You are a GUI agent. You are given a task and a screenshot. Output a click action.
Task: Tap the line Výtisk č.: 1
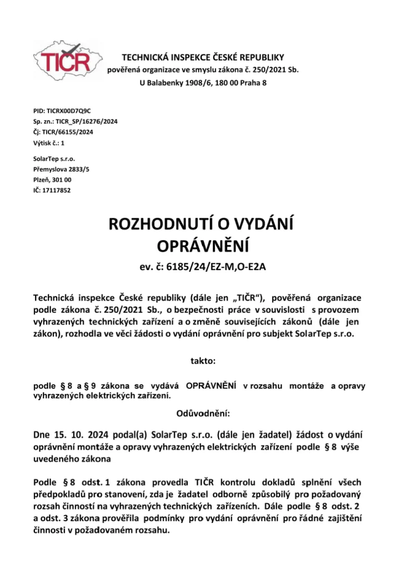pos(49,143)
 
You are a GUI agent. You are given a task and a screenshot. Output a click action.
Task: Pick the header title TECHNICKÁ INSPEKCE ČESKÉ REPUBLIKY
pos(203,57)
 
